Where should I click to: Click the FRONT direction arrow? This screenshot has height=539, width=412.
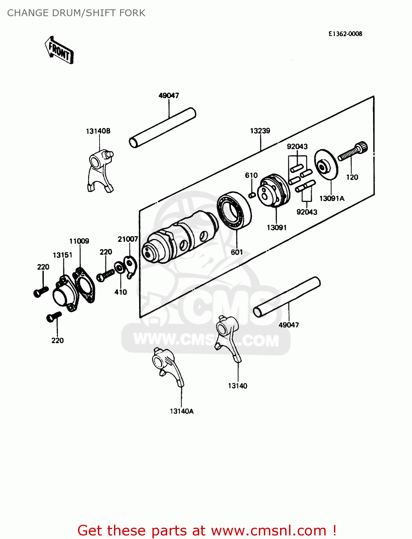(59, 51)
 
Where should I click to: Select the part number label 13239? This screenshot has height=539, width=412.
(260, 131)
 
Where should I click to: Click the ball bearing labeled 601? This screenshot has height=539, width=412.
(234, 210)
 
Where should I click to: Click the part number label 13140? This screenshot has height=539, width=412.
(238, 386)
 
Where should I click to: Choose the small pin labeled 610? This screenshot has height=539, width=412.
(252, 195)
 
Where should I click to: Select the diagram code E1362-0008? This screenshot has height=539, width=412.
(345, 34)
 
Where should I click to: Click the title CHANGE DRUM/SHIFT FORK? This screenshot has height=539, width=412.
(76, 13)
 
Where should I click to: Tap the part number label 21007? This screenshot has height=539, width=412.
(128, 239)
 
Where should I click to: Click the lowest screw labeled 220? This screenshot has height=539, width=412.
(54, 317)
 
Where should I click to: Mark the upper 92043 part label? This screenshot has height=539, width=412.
(297, 147)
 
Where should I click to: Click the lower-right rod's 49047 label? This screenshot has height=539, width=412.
(289, 325)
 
